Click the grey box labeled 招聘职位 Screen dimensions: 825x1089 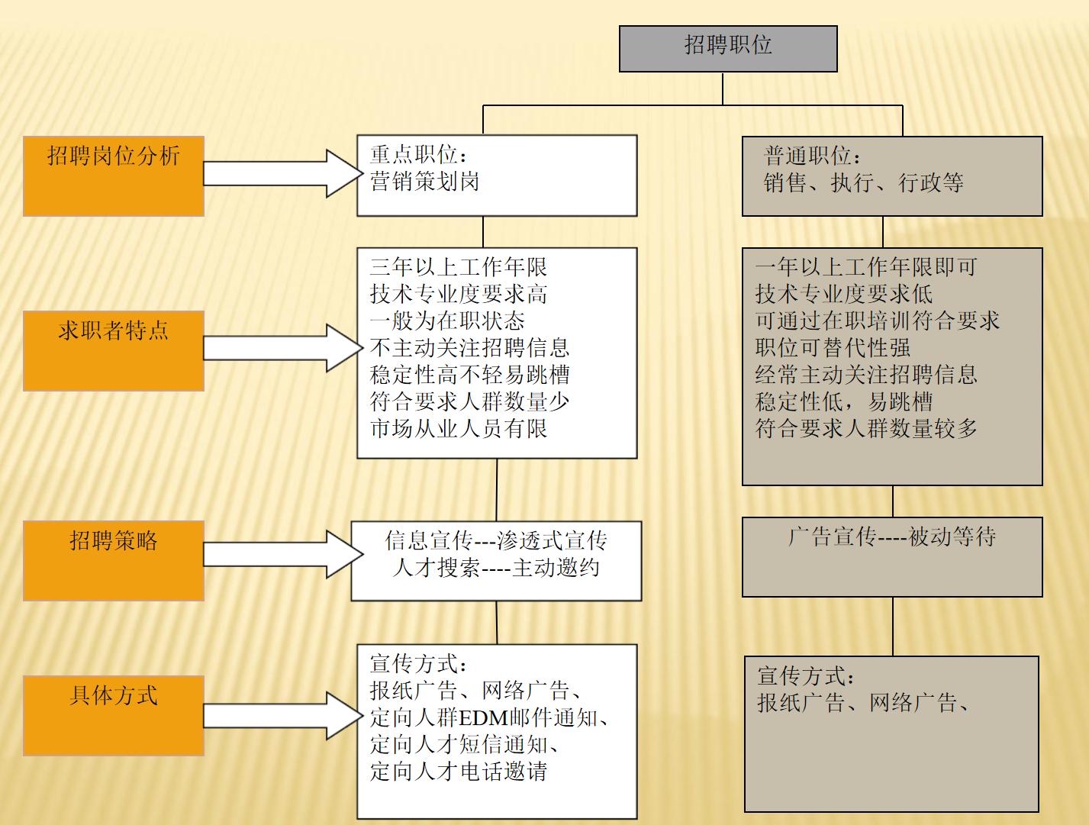(727, 48)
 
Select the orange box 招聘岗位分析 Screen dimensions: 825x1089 (113, 176)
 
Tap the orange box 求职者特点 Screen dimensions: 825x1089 (113, 350)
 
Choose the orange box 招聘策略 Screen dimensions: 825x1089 (113, 560)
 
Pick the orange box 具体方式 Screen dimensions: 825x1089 (113, 715)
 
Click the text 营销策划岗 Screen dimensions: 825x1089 (424, 182)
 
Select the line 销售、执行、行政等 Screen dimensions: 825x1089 (863, 183)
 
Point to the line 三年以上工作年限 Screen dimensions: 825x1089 (458, 267)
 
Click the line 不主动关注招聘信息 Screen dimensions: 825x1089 (469, 348)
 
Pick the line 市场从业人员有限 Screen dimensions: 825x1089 (458, 429)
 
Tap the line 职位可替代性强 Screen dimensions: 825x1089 (833, 348)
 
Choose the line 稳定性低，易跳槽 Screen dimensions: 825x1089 (843, 402)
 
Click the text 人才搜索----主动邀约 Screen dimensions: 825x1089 (495, 568)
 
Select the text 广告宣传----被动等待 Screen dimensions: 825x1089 (891, 537)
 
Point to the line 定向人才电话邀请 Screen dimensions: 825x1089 (458, 772)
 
